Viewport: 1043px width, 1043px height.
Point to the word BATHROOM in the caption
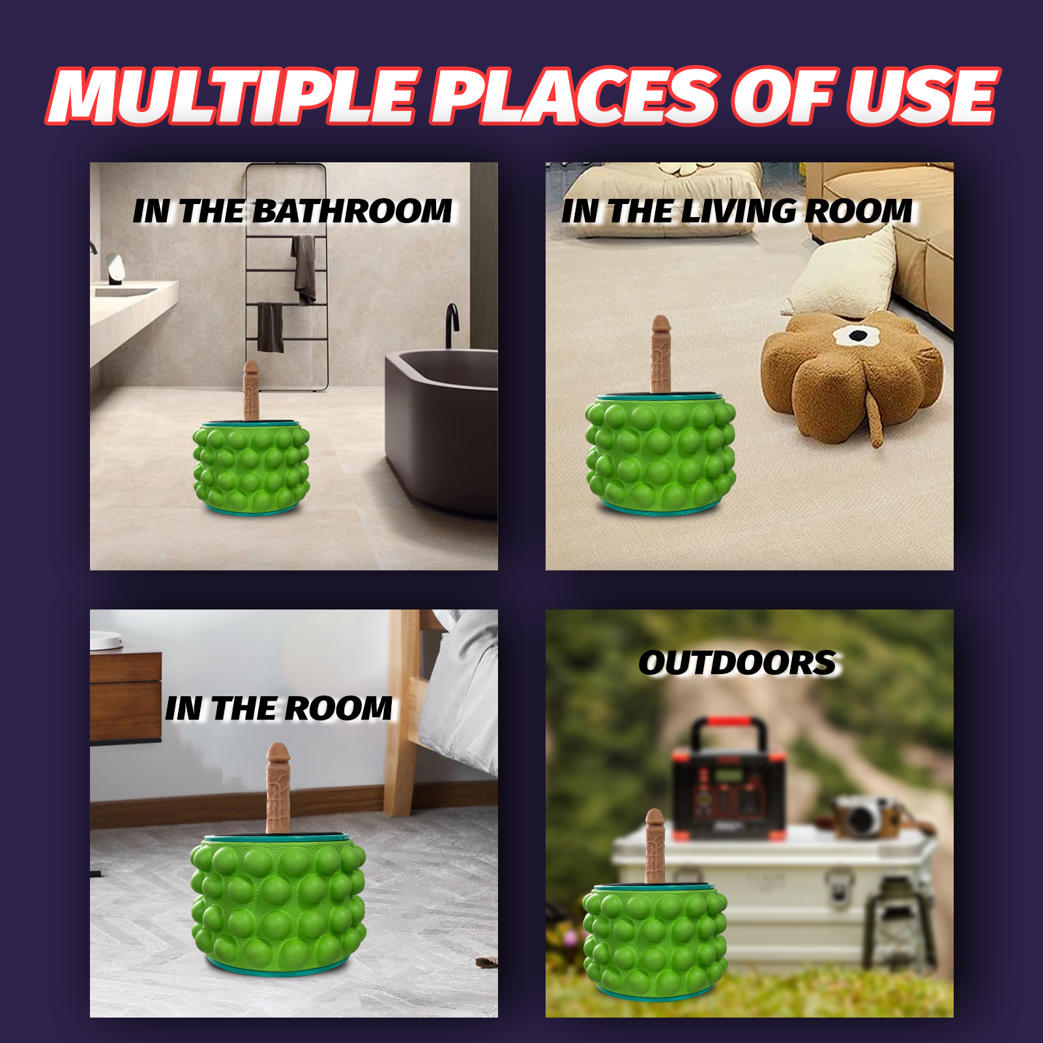coord(352,211)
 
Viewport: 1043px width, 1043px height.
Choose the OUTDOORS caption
coord(737,663)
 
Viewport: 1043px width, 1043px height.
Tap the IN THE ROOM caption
coord(279,708)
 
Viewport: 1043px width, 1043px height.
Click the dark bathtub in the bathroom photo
coord(442,430)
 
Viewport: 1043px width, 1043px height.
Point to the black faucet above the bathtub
coord(452,325)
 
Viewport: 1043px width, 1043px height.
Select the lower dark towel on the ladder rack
coord(270,327)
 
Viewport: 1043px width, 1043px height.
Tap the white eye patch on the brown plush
coord(857,336)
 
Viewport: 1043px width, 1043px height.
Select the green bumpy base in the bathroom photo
coord(251,468)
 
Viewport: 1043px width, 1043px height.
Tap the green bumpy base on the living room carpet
coord(660,454)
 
